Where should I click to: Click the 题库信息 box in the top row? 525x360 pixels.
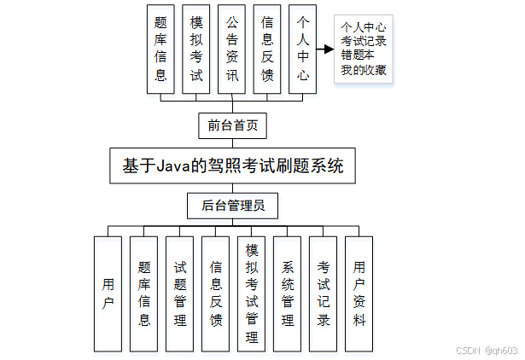(160, 49)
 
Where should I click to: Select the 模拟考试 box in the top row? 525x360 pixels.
(196, 49)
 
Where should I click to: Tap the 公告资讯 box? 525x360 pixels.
(231, 49)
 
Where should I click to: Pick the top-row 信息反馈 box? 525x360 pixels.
(267, 49)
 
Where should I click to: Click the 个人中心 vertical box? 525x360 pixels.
(302, 49)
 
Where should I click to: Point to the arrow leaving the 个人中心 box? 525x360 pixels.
(324, 49)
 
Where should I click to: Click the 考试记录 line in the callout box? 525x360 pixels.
(365, 41)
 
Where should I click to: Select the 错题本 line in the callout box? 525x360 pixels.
(359, 55)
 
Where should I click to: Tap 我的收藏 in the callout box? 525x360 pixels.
(365, 70)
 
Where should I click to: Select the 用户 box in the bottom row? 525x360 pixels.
(108, 293)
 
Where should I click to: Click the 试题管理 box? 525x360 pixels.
(180, 293)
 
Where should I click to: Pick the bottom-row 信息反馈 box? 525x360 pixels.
(216, 293)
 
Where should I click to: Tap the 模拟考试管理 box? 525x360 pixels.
(252, 293)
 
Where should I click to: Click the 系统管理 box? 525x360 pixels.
(288, 293)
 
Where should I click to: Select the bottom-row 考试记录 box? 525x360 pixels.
(324, 293)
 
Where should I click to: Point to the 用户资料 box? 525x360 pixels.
(359, 293)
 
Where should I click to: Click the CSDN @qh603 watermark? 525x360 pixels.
(487, 350)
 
